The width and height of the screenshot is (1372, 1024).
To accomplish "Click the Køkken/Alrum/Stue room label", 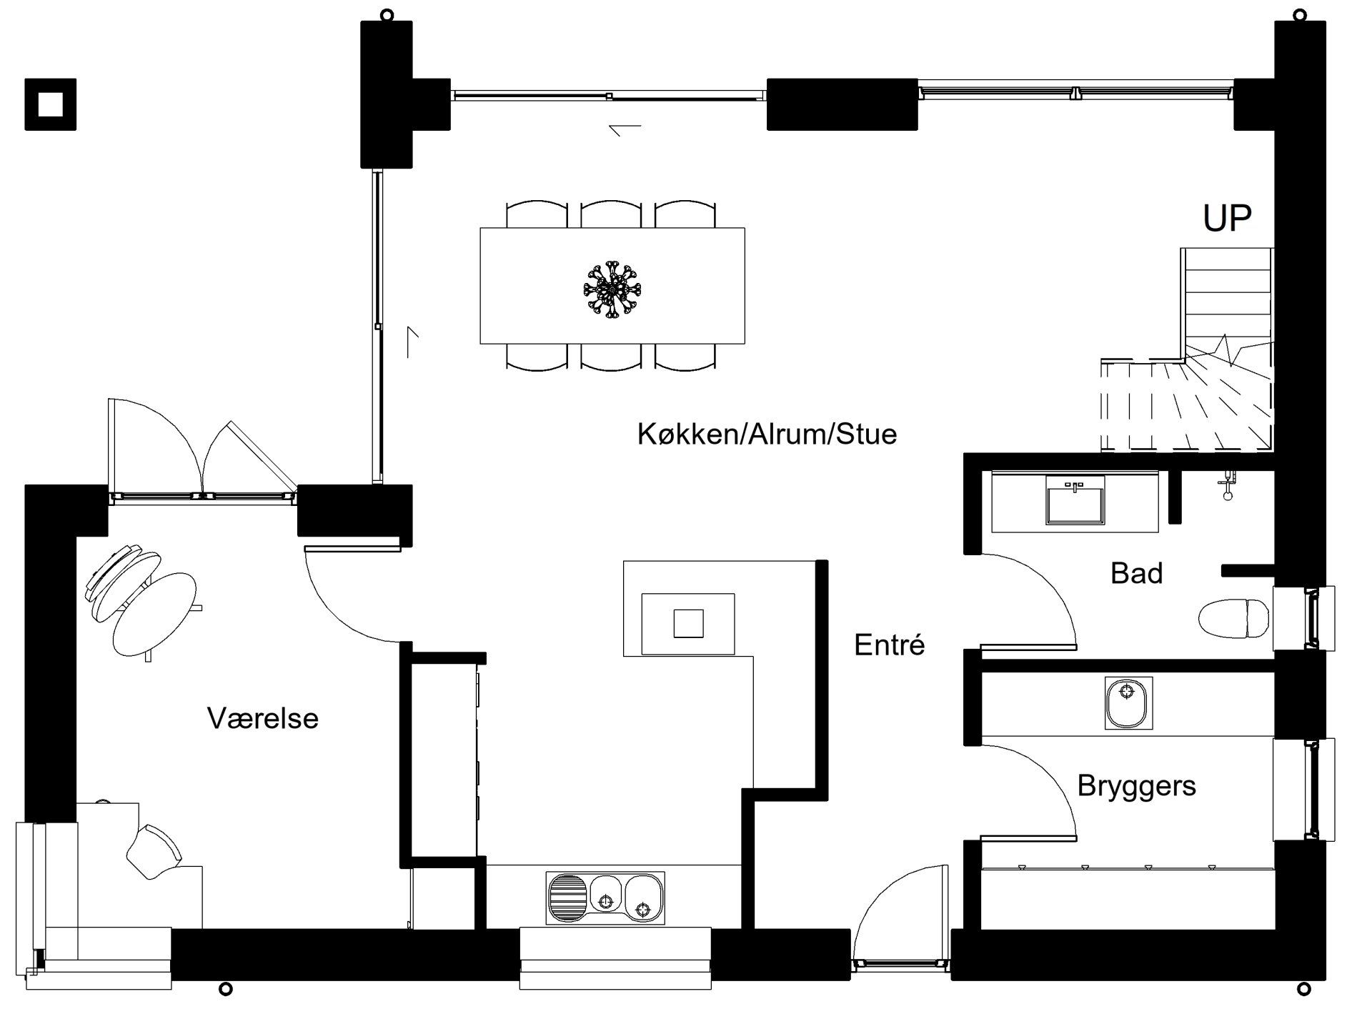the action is click(767, 434).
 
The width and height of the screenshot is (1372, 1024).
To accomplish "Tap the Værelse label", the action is click(263, 718).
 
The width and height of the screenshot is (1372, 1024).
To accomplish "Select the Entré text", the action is click(890, 645).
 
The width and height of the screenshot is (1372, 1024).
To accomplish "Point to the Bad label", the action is click(1136, 573).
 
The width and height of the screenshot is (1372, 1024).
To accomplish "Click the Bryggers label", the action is click(1136, 786).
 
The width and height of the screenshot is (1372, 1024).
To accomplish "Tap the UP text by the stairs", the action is click(1228, 219).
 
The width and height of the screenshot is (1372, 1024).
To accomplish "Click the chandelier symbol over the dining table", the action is click(612, 289).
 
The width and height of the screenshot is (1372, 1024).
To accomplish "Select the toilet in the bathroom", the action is click(1233, 619).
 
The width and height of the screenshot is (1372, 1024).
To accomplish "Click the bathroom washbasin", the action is click(1075, 500).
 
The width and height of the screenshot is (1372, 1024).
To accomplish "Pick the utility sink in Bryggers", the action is click(1128, 703).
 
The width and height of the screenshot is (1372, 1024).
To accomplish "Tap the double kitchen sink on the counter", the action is click(605, 897).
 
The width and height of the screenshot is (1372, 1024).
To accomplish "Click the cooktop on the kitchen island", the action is click(688, 624).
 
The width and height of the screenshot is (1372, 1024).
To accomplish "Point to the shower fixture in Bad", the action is click(1227, 486).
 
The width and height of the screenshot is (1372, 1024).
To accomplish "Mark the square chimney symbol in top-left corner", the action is click(50, 104).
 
